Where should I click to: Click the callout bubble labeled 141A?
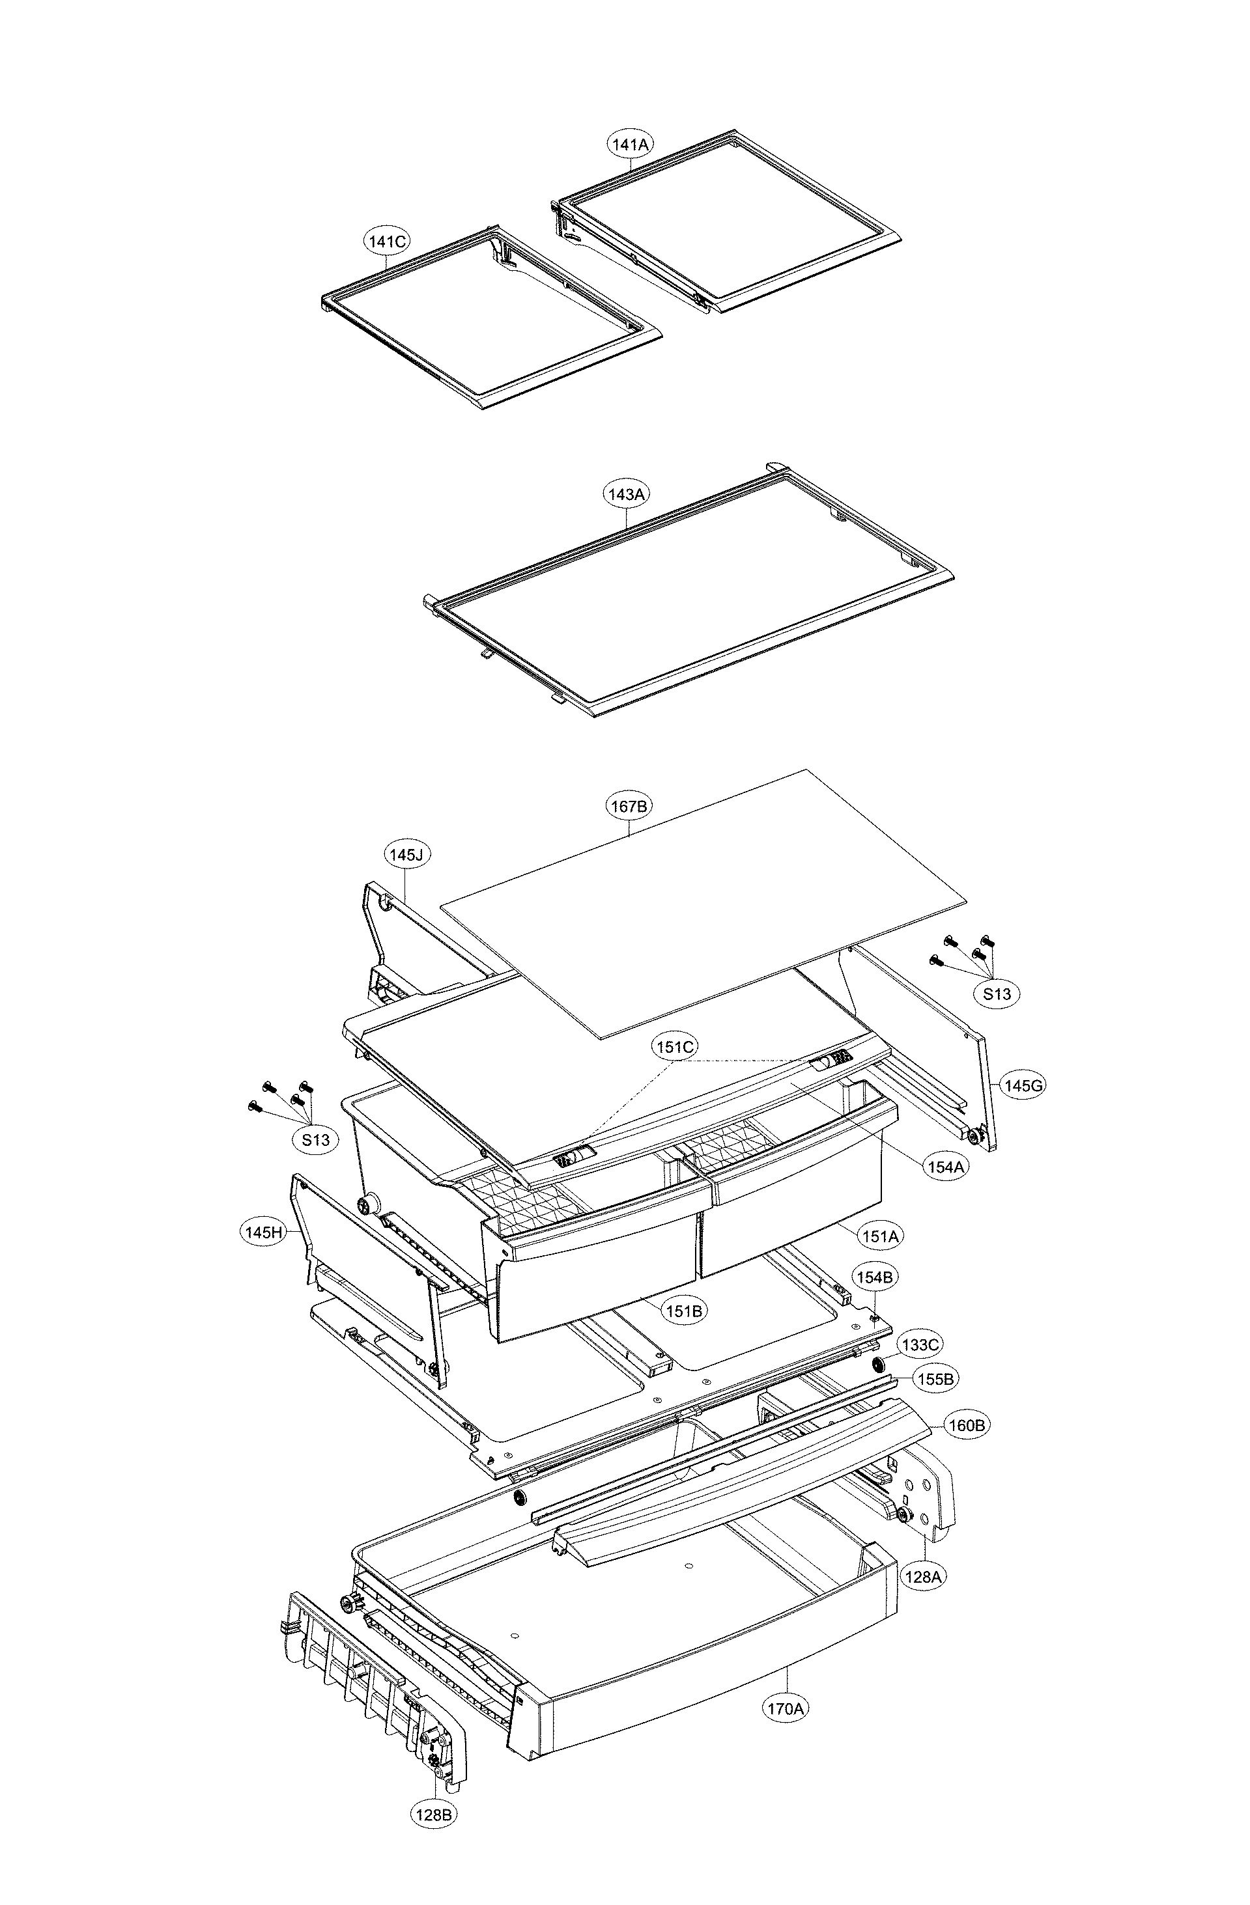click(629, 144)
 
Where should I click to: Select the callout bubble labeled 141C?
click(388, 241)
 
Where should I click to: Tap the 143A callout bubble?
click(626, 494)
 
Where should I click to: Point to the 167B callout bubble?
click(629, 806)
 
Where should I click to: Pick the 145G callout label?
click(1023, 1085)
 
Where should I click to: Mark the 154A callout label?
click(945, 1167)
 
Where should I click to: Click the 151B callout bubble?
click(685, 1311)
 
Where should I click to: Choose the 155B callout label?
click(935, 1379)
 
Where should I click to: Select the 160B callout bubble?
click(967, 1425)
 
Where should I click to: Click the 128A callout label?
click(922, 1576)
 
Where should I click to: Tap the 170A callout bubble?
click(786, 1708)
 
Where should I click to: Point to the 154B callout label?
click(874, 1277)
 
